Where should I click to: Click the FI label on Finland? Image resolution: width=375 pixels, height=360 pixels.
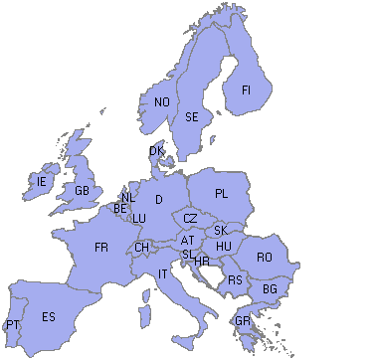pos(246,90)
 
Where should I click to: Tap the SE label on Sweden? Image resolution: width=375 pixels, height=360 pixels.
pos(193,117)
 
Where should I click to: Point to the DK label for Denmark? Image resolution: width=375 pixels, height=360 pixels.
pos(156,151)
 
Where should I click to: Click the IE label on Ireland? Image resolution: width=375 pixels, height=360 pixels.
pos(41,182)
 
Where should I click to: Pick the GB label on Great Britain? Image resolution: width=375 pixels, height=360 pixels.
pos(82,191)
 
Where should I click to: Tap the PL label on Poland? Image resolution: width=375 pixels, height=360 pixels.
pos(221,193)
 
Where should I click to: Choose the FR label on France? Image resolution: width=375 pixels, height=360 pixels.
pos(100,247)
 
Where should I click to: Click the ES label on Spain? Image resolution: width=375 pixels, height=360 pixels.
pos(49,317)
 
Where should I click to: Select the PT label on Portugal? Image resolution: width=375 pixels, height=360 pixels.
pos(12,325)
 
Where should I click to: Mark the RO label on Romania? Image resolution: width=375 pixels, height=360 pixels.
pos(264,257)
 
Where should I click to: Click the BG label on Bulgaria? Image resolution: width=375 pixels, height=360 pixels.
pos(269,289)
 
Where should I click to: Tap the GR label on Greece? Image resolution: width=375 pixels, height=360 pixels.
pos(243,321)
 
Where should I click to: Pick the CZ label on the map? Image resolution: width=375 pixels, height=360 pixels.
pos(190,219)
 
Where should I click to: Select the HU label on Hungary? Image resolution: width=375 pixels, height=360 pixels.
pos(224,246)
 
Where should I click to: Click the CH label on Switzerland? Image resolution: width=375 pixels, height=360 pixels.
pos(142,248)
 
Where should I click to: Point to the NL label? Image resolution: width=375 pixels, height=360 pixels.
pos(128,198)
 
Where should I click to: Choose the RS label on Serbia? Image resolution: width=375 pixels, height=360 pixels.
pos(235,280)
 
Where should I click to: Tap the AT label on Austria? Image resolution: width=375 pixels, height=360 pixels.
pos(187,240)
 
